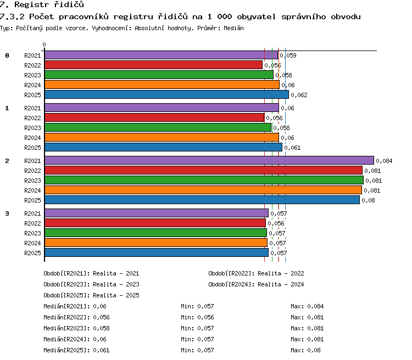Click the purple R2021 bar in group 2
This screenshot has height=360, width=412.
(209, 160)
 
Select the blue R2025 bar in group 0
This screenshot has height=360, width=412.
(166, 94)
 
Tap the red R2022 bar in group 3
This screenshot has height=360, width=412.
(155, 223)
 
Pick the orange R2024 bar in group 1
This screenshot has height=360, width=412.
(162, 137)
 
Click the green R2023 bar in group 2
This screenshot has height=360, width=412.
(204, 180)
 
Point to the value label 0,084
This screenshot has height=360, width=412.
(384, 161)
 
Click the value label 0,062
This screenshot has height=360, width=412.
(299, 95)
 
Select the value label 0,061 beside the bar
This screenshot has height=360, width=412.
(292, 148)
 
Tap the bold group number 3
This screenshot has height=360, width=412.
(7, 213)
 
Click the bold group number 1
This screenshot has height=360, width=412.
(7, 108)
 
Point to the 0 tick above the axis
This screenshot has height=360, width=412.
(44, 44)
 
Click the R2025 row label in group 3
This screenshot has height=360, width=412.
(32, 253)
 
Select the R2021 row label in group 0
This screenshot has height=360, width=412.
(32, 55)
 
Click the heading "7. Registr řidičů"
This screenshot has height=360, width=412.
(42, 4)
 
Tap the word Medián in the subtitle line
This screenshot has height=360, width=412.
(233, 28)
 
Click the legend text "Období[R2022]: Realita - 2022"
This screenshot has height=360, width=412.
(256, 273)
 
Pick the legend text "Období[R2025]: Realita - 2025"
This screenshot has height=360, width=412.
(91, 295)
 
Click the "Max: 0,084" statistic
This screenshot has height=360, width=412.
(307, 306)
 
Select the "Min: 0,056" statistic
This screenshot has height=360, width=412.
(197, 317)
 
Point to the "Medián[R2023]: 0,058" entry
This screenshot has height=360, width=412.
(76, 328)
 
